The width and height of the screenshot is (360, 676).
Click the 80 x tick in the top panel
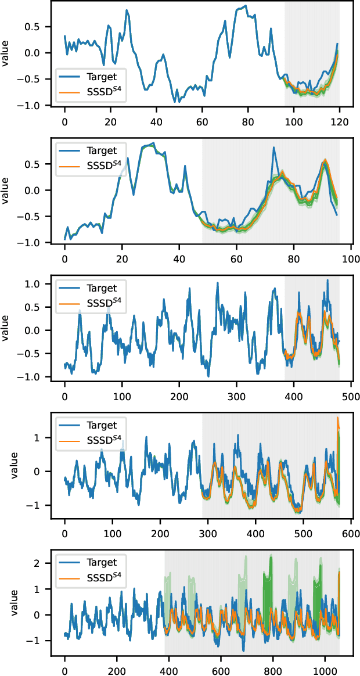[247, 123]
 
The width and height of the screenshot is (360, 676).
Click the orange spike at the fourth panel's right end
[338, 419]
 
